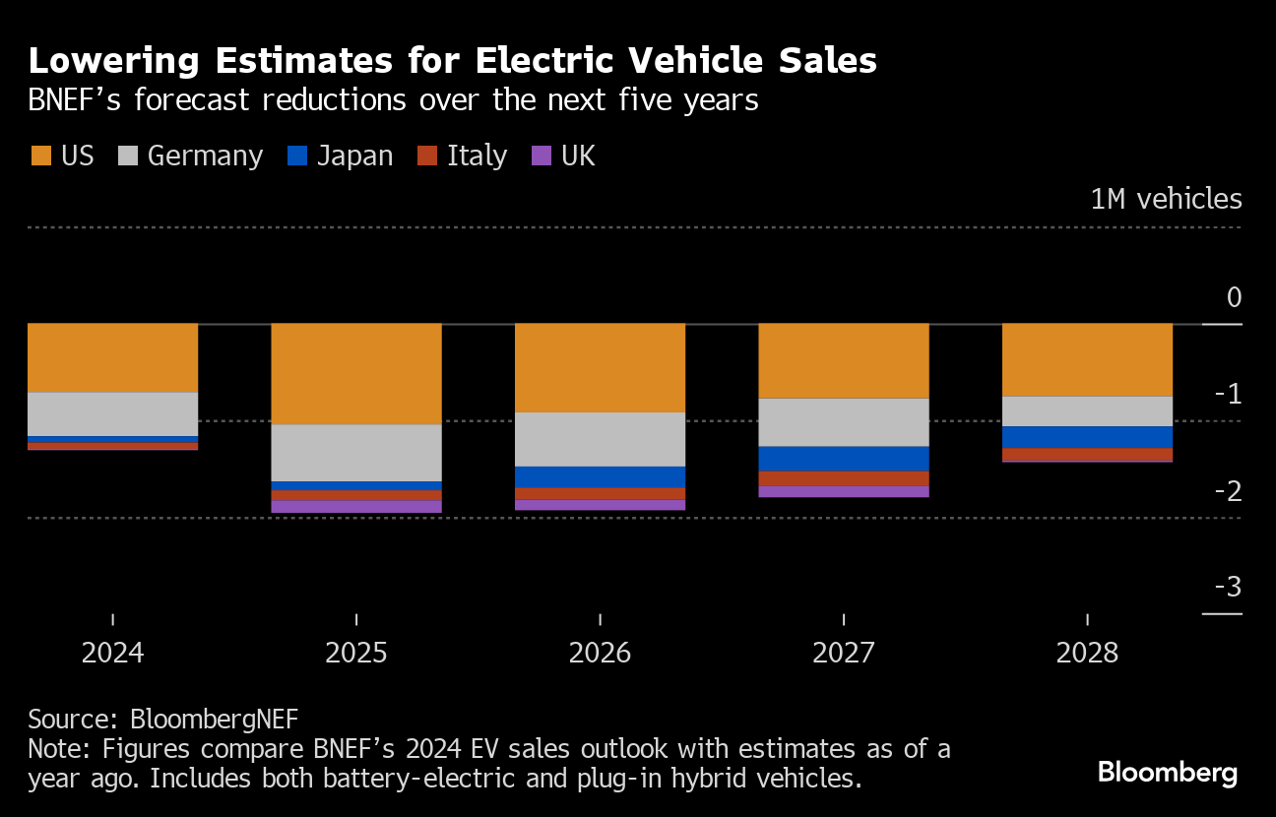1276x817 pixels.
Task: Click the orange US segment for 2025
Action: [x=356, y=374]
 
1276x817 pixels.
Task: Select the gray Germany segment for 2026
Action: [x=600, y=439]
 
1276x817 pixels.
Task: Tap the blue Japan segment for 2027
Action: [x=844, y=459]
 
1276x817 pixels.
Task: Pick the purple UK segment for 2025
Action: [x=356, y=507]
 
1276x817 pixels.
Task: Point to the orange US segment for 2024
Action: [x=113, y=357]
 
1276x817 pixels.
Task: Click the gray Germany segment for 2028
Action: [x=1087, y=411]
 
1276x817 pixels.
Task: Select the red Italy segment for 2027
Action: [x=844, y=478]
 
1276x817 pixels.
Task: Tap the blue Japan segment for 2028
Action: [x=1087, y=437]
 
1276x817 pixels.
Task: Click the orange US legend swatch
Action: [x=40, y=156]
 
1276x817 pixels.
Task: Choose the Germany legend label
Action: [x=205, y=156]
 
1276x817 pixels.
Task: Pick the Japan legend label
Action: [x=354, y=156]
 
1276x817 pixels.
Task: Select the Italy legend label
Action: [x=477, y=156]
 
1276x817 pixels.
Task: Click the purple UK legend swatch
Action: [x=542, y=156]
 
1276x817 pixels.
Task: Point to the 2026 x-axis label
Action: [x=600, y=653]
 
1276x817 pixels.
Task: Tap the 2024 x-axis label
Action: [x=113, y=653]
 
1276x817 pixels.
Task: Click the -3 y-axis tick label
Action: [x=1227, y=588]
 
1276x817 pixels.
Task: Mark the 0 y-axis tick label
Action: [x=1234, y=298]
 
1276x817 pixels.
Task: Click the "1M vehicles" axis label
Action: [x=1166, y=199]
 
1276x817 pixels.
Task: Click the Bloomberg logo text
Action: [x=1167, y=773]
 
